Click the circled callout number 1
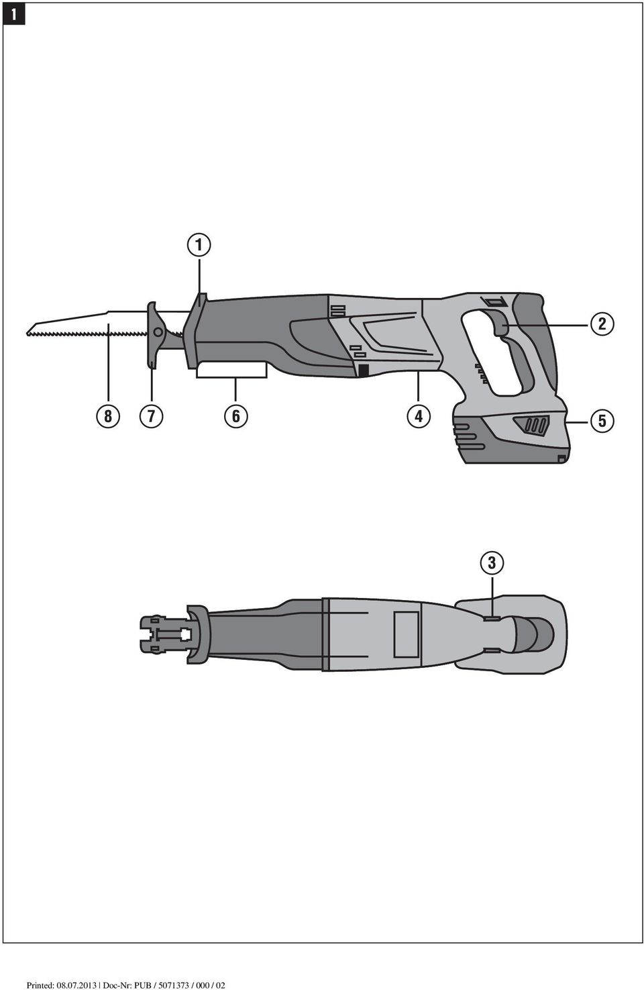tap(199, 245)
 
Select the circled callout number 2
tap(602, 324)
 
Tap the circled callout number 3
tap(492, 562)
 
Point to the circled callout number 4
tap(419, 416)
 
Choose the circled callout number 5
tap(602, 421)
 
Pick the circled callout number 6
tap(236, 416)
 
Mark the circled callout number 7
tap(152, 416)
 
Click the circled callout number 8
tap(108, 416)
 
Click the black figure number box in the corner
tap(13, 14)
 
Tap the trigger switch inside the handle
tap(500, 323)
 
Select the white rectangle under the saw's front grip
tap(231, 370)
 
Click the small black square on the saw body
tap(363, 370)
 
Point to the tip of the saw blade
tap(27, 332)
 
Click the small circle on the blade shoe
tap(157, 332)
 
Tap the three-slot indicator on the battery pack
tap(533, 425)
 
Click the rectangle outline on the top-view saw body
tap(406, 634)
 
